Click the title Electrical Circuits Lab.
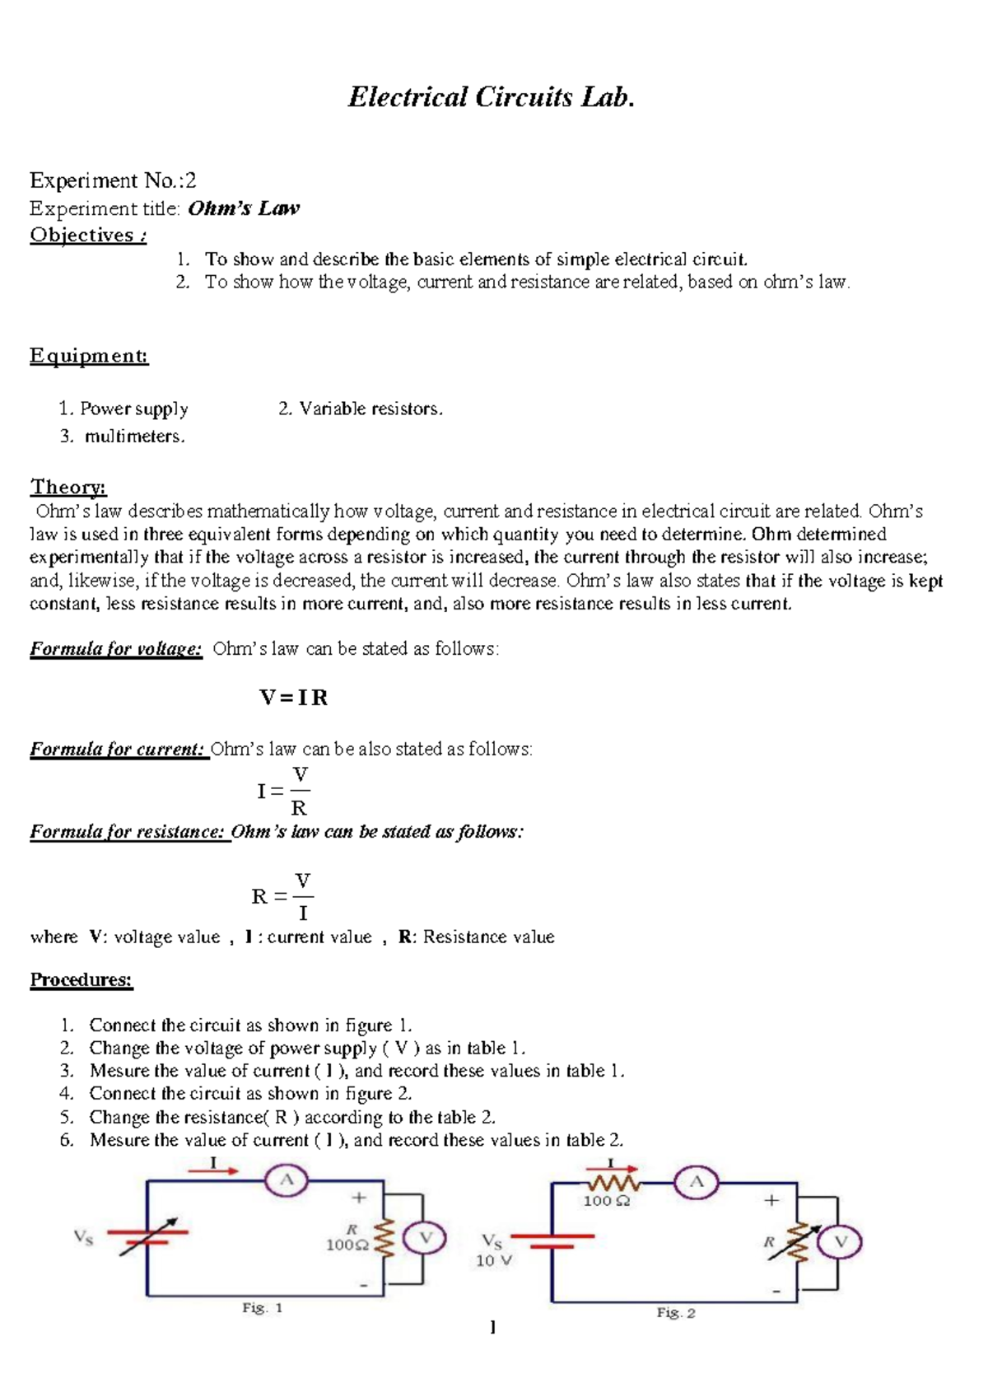tap(492, 97)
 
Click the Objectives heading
tap(88, 236)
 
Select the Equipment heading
tap(89, 356)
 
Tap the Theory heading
tap(68, 487)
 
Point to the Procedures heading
tap(81, 979)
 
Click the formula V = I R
tap(294, 698)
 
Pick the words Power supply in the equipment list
tap(134, 409)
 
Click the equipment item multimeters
tap(134, 436)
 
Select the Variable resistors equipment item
tap(370, 409)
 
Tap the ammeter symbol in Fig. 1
tap(287, 1180)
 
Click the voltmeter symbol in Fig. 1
tap(426, 1238)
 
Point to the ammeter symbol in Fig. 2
tap(697, 1184)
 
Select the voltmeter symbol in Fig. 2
tap(841, 1242)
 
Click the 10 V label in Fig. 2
tap(494, 1260)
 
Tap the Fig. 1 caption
tap(263, 1308)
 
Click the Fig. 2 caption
tap(676, 1313)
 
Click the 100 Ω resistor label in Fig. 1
tap(347, 1245)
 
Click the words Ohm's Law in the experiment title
tap(244, 208)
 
